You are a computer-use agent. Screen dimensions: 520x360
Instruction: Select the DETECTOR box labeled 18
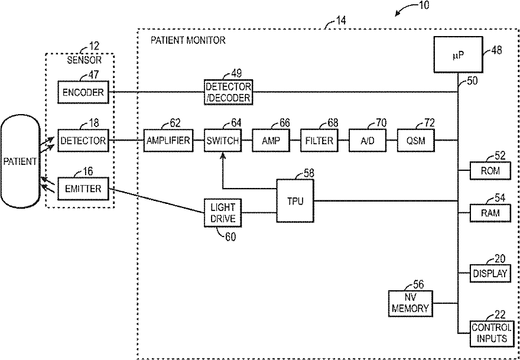pos(83,140)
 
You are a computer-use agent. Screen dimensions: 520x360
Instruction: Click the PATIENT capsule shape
pos(20,162)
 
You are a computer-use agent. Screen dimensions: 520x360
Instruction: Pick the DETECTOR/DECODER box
pos(228,92)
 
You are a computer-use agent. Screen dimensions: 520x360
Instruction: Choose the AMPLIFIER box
pos(168,140)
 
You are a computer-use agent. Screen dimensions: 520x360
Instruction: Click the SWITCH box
pos(223,140)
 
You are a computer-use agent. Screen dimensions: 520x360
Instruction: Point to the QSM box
pos(416,140)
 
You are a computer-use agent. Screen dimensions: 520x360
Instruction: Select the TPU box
pos(295,201)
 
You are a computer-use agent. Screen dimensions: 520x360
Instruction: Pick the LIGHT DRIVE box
pos(223,213)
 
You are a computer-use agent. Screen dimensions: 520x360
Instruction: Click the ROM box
pos(490,171)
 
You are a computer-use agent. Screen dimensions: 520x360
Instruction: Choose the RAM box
pos(490,212)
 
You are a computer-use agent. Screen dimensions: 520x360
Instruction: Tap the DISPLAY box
pos(490,274)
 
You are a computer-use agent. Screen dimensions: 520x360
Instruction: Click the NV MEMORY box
pos(410,303)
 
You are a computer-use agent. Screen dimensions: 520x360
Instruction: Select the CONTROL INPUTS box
pos(492,333)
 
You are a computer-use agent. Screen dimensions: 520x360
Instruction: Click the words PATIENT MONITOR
pos(188,40)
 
